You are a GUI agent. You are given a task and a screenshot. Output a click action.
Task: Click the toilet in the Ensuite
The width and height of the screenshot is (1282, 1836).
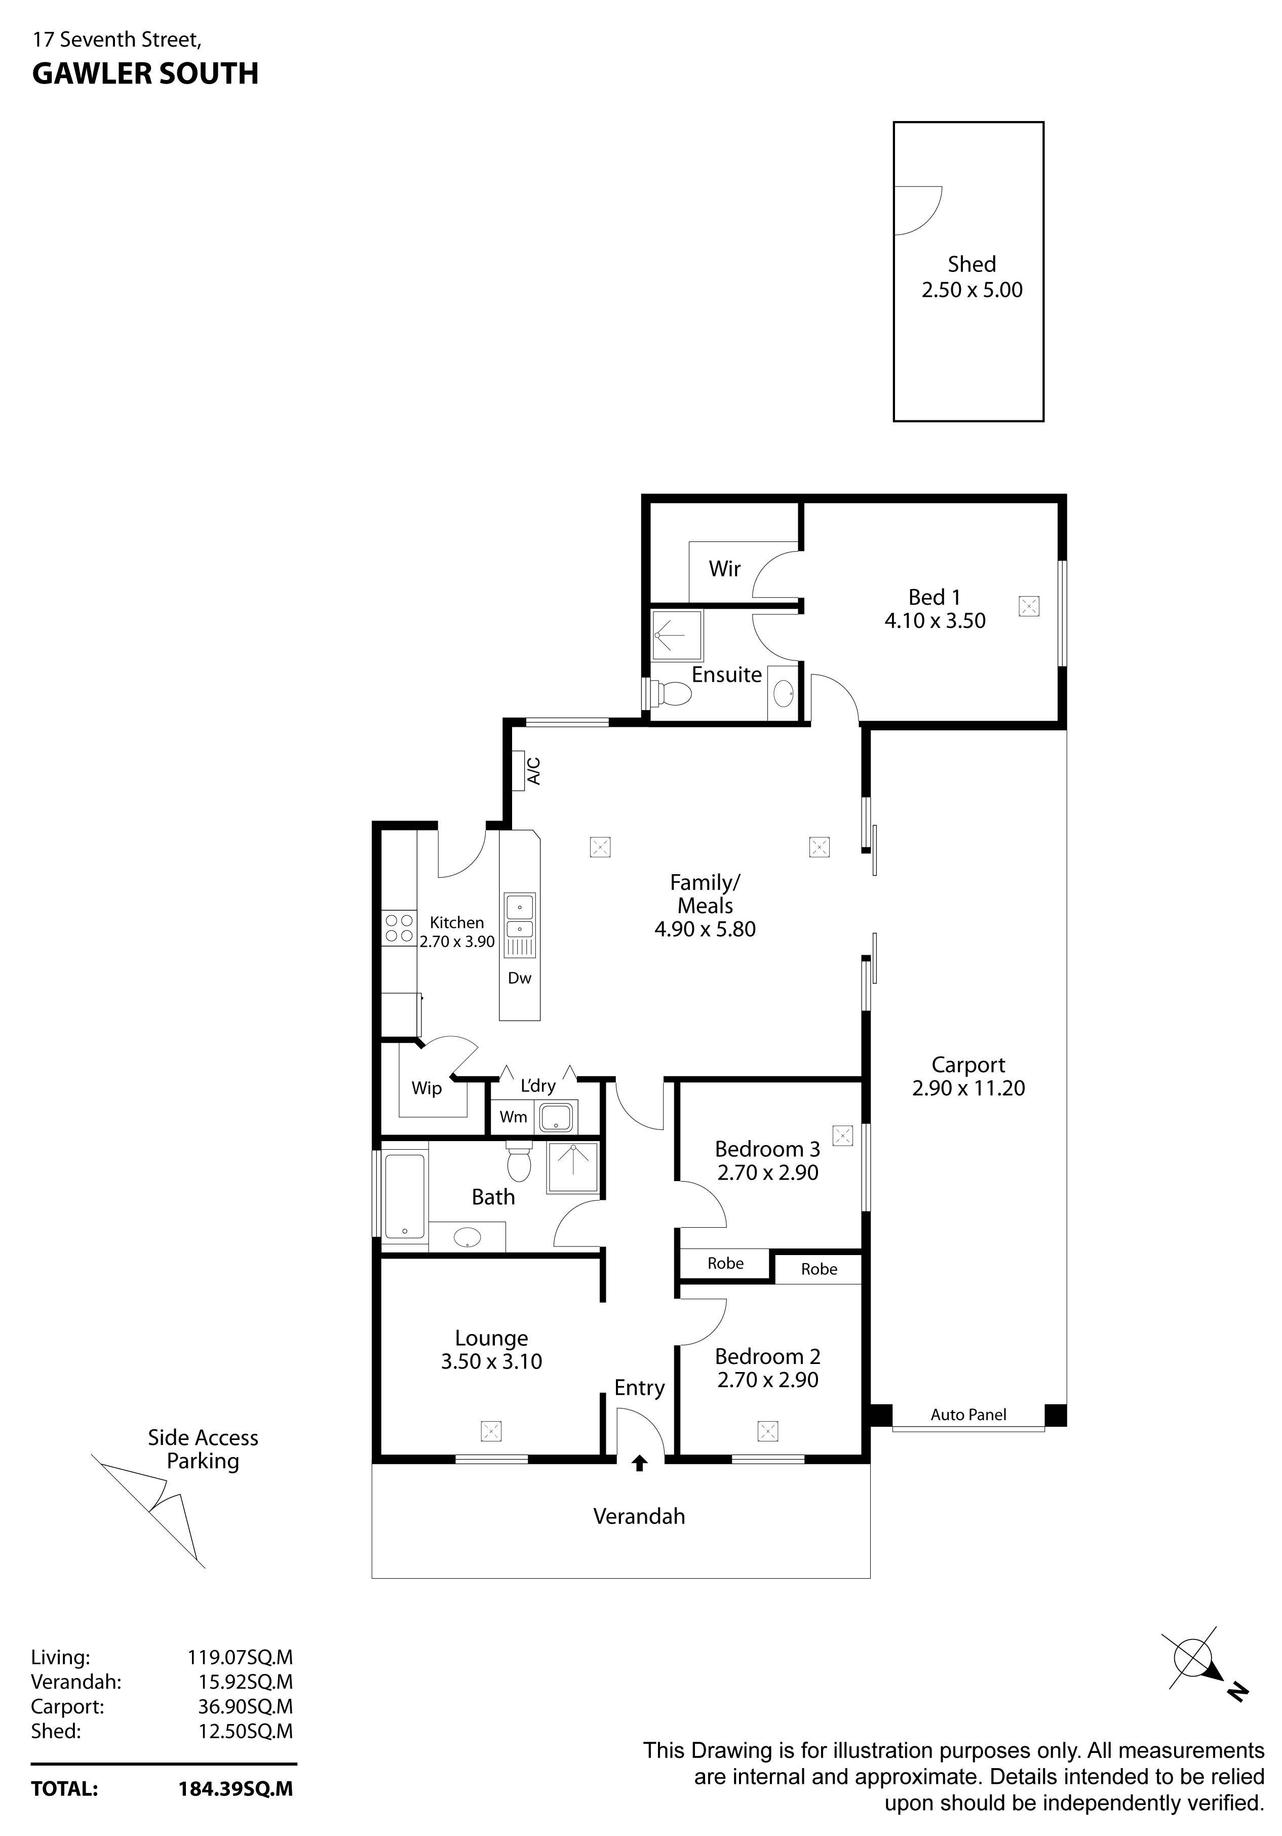(x=671, y=694)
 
